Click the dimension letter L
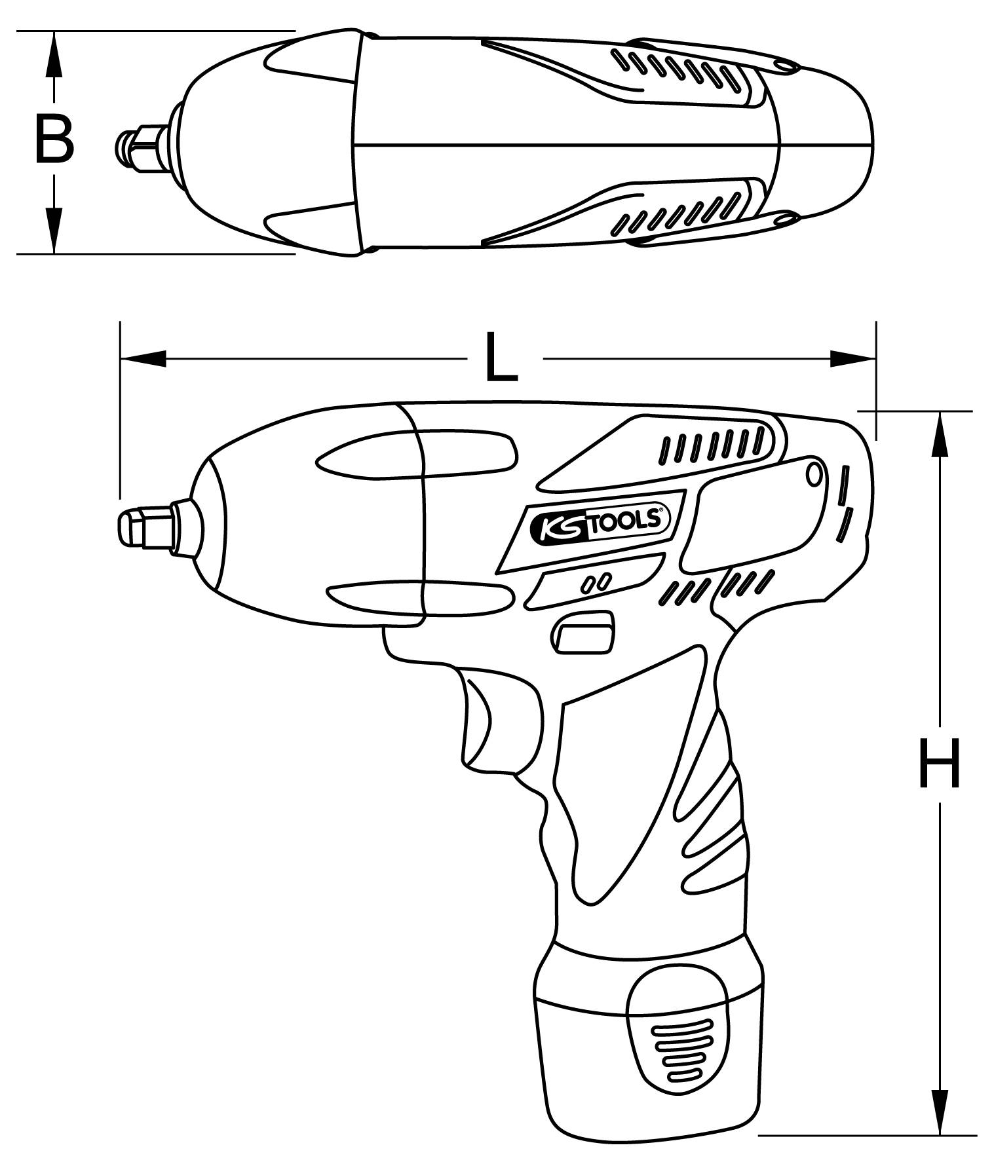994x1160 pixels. click(x=501, y=359)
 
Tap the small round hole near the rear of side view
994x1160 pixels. click(x=814, y=474)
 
